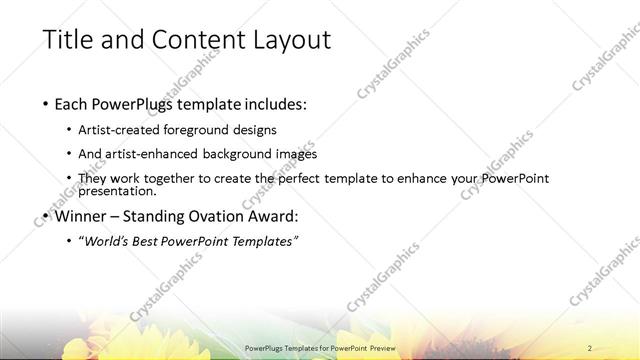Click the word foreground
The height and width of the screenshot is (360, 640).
(211, 130)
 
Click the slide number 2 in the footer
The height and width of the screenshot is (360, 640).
(591, 347)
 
